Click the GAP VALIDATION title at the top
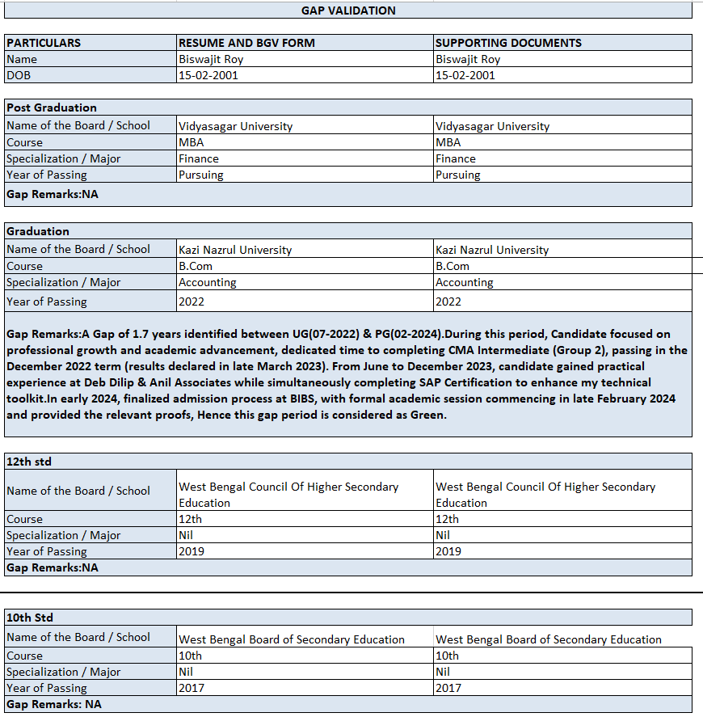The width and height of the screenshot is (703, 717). pos(348,11)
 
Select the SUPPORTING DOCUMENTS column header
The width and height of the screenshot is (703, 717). pos(508,43)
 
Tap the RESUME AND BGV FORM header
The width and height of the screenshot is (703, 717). pos(246,43)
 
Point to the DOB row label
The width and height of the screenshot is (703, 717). pos(19,75)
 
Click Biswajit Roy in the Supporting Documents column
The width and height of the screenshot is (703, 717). pos(468,59)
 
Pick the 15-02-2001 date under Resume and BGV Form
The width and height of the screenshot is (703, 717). pos(208,75)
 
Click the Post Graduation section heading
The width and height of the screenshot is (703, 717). pos(52,108)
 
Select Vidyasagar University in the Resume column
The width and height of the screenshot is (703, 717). pos(235,126)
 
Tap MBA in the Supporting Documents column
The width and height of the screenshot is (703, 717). pos(448,142)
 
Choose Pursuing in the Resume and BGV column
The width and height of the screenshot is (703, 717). pos(200,175)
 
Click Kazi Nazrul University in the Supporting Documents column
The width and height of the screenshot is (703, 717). pos(491,250)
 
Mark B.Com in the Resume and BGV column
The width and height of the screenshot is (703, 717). pos(196,266)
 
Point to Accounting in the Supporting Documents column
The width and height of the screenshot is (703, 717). pos(464,282)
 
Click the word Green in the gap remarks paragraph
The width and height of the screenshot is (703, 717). pos(428,415)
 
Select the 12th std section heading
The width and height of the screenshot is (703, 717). pos(29,462)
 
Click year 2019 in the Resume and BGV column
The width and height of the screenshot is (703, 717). pos(192,551)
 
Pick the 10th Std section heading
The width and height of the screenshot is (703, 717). pos(31,618)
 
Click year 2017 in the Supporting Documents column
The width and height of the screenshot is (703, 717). pos(448,688)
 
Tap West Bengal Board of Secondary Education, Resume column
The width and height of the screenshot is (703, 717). pos(291,639)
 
